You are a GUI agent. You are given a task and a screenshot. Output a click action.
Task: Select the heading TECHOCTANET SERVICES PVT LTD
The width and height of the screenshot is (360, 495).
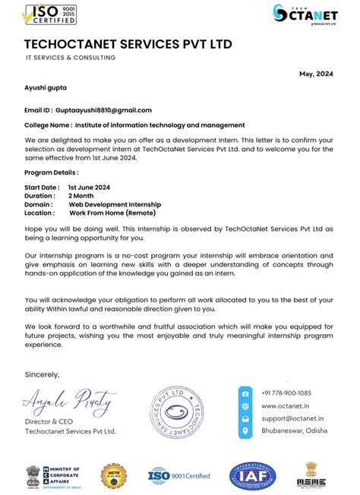point(128,43)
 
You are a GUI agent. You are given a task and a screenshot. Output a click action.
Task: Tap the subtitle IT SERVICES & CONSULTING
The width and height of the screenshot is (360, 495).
point(71,58)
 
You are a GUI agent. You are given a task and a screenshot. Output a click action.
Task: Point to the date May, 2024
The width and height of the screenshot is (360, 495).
point(316,74)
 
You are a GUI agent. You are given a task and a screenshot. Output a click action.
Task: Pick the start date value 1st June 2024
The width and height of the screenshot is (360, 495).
point(89,187)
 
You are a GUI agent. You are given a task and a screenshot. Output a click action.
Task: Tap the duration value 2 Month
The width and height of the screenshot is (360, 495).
point(81,195)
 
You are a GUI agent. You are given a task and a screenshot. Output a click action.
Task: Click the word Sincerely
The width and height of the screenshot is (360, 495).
point(42,374)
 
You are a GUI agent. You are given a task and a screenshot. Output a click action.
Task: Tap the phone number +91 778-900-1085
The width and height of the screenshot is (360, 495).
point(286,393)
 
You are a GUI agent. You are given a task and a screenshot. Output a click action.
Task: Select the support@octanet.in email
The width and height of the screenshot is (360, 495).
point(292,418)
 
